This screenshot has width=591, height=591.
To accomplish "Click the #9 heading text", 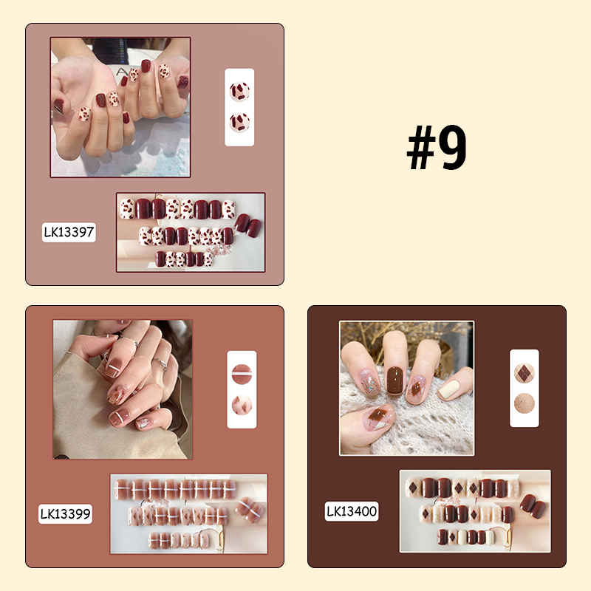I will click(437, 148).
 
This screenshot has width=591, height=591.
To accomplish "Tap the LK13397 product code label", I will click(69, 232).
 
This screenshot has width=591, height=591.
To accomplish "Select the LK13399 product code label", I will click(66, 513).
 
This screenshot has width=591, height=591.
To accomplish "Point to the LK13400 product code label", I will click(352, 510).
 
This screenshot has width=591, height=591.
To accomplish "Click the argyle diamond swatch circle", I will click(525, 371).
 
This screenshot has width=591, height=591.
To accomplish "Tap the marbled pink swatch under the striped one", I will click(241, 405).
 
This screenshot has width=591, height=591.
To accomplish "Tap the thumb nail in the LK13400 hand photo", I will click(377, 419).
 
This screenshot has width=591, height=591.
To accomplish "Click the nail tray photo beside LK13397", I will click(190, 232).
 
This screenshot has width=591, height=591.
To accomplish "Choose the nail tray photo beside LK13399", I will click(188, 513).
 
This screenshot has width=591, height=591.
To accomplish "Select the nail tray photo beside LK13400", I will click(475, 510).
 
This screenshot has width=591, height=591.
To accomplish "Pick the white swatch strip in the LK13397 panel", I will click(239, 107).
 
